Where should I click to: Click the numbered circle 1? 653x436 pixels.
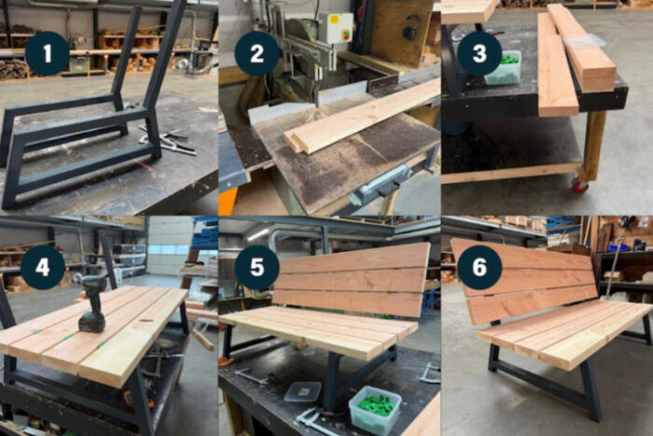click(47, 53)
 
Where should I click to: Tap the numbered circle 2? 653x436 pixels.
click(257, 53)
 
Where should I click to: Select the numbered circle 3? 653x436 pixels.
click(479, 53)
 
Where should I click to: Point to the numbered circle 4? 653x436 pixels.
click(43, 267)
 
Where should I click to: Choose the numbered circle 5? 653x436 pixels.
click(257, 267)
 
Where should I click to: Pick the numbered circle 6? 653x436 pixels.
click(479, 267)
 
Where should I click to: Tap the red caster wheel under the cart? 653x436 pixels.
click(580, 185)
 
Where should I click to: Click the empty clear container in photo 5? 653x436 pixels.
click(302, 391)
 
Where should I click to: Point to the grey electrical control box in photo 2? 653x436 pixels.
click(336, 27)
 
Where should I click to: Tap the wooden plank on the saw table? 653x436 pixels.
click(362, 117)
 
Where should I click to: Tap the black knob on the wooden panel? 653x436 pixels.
click(410, 33)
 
